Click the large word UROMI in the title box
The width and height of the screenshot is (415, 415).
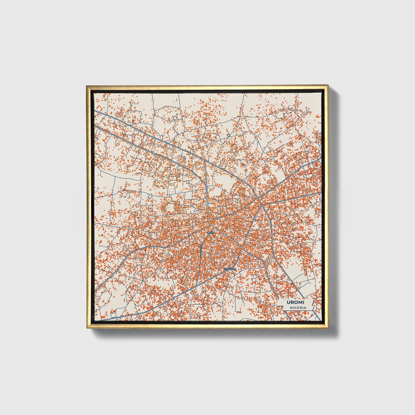tap(296, 302)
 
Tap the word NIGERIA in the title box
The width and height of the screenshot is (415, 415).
tap(298, 308)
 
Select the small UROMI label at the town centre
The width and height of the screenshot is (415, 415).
tap(211, 232)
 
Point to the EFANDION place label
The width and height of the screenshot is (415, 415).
tap(230, 269)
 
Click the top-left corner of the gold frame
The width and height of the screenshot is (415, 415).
tap(86, 85)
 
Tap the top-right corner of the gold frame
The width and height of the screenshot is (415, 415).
tap(328, 85)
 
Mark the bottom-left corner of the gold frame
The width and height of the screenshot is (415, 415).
tap(86, 328)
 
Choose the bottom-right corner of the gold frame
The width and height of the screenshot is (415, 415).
tap(328, 328)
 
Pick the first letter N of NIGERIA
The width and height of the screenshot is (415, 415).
tap(291, 308)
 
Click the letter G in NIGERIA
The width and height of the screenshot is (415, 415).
tap(296, 308)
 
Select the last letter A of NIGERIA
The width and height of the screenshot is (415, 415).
tap(305, 308)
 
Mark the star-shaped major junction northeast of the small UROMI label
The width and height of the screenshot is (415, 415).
tap(260, 199)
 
